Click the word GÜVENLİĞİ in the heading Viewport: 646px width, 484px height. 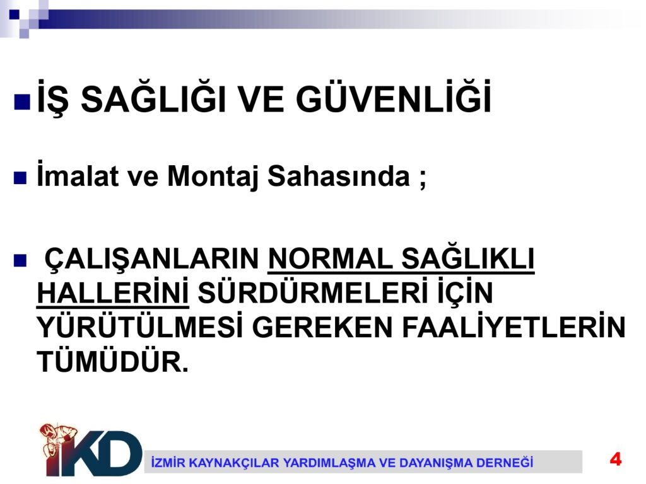coord(394,97)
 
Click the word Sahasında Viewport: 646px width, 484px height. coord(339,176)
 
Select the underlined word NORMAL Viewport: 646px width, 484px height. coord(331,259)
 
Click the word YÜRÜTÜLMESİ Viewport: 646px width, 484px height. coord(140,327)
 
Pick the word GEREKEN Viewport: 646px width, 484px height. coord(322,328)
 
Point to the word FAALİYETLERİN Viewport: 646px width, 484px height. coord(514,327)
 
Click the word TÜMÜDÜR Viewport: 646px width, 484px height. coord(113,361)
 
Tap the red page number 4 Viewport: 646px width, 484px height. coord(616,459)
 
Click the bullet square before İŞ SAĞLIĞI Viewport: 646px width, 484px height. coord(22,101)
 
